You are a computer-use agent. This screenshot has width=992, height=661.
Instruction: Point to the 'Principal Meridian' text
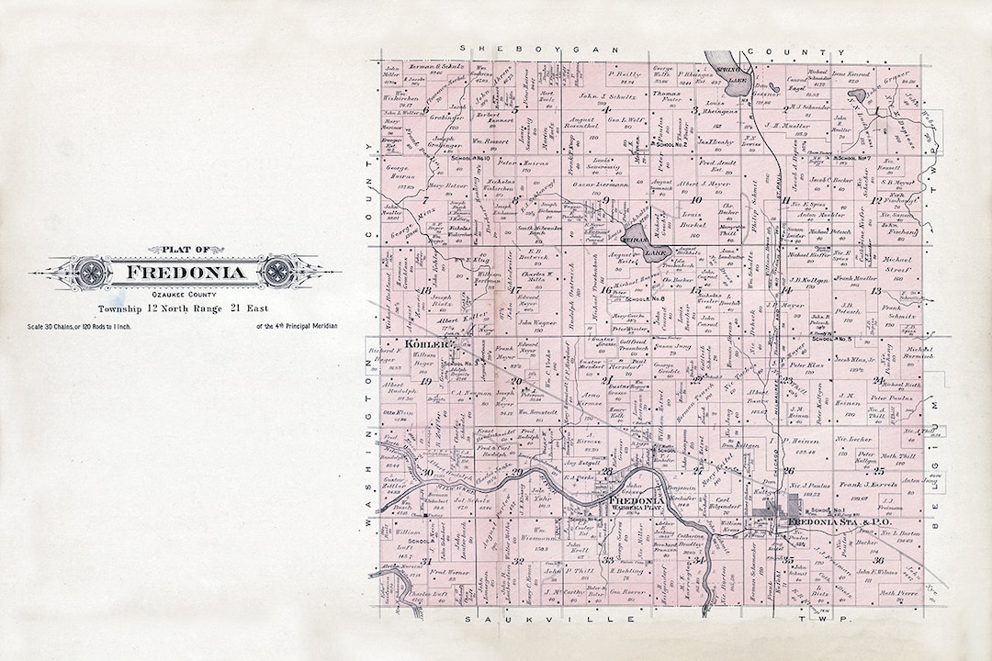(x=299, y=326)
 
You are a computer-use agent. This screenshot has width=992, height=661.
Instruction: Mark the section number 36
(x=879, y=560)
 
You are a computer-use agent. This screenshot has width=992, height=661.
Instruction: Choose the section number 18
(x=424, y=291)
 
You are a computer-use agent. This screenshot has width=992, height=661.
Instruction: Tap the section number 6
(x=426, y=108)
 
